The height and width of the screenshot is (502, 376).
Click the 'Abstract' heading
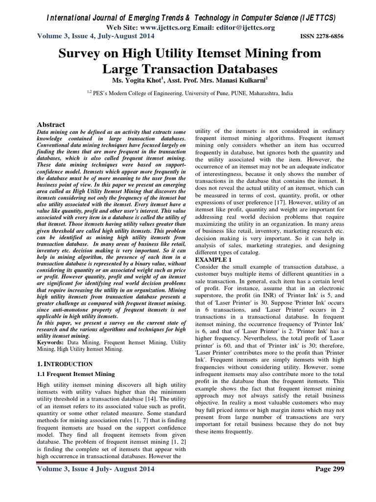coord(51,125)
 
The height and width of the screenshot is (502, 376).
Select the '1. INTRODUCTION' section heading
coord(65,364)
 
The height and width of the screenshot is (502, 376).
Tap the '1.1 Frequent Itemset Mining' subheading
coord(76,374)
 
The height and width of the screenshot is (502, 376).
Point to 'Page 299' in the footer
coord(329,469)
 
